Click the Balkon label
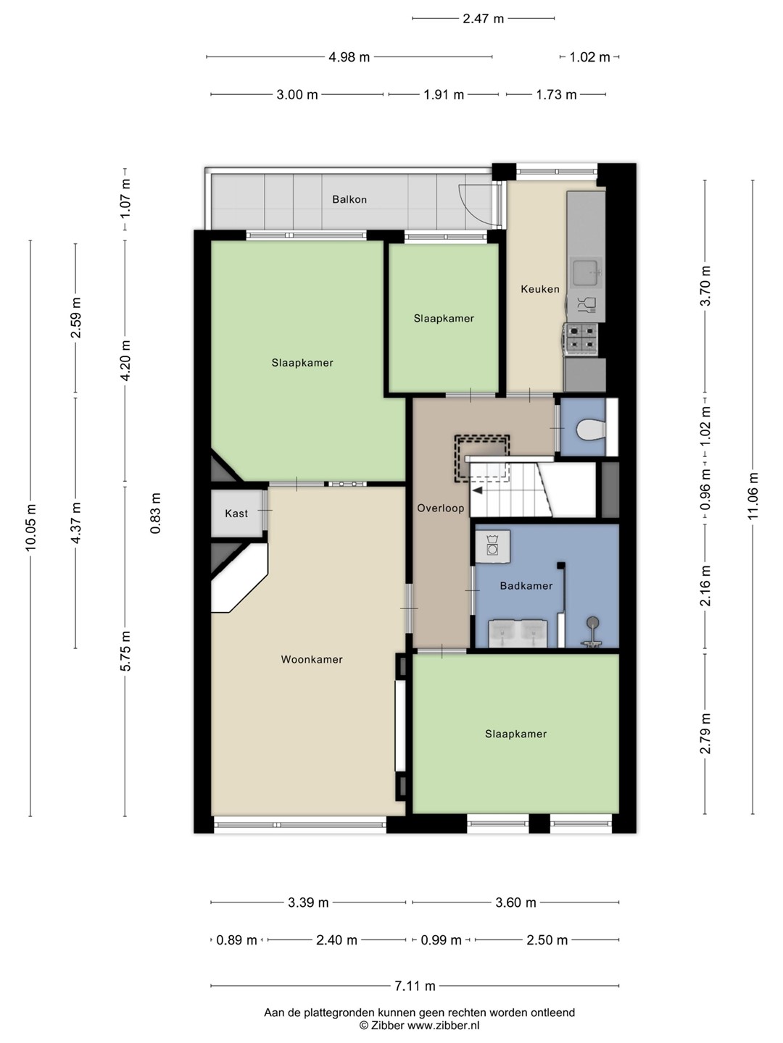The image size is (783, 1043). tap(349, 200)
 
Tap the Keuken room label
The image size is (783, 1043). tap(540, 289)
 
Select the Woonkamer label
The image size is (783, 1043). tap(312, 660)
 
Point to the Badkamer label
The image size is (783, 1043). tap(526, 586)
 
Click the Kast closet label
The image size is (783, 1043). tap(236, 514)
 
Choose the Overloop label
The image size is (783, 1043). tap(441, 508)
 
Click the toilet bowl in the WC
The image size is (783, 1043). tap(591, 430)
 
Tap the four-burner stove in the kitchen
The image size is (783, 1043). tap(581, 339)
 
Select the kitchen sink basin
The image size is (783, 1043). tap(587, 273)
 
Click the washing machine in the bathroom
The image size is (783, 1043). tap(492, 546)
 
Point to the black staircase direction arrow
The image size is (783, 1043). tap(477, 490)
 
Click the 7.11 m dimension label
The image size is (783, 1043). tap(415, 986)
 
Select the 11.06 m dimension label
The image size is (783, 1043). tap(753, 495)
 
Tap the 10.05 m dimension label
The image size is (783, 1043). tap(30, 527)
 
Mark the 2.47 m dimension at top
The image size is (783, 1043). tap(483, 19)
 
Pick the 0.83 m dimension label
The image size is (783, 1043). tap(155, 513)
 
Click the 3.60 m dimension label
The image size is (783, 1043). tap(515, 902)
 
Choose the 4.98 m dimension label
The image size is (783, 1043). tap(349, 57)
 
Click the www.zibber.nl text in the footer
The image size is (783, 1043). tap(443, 1025)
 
